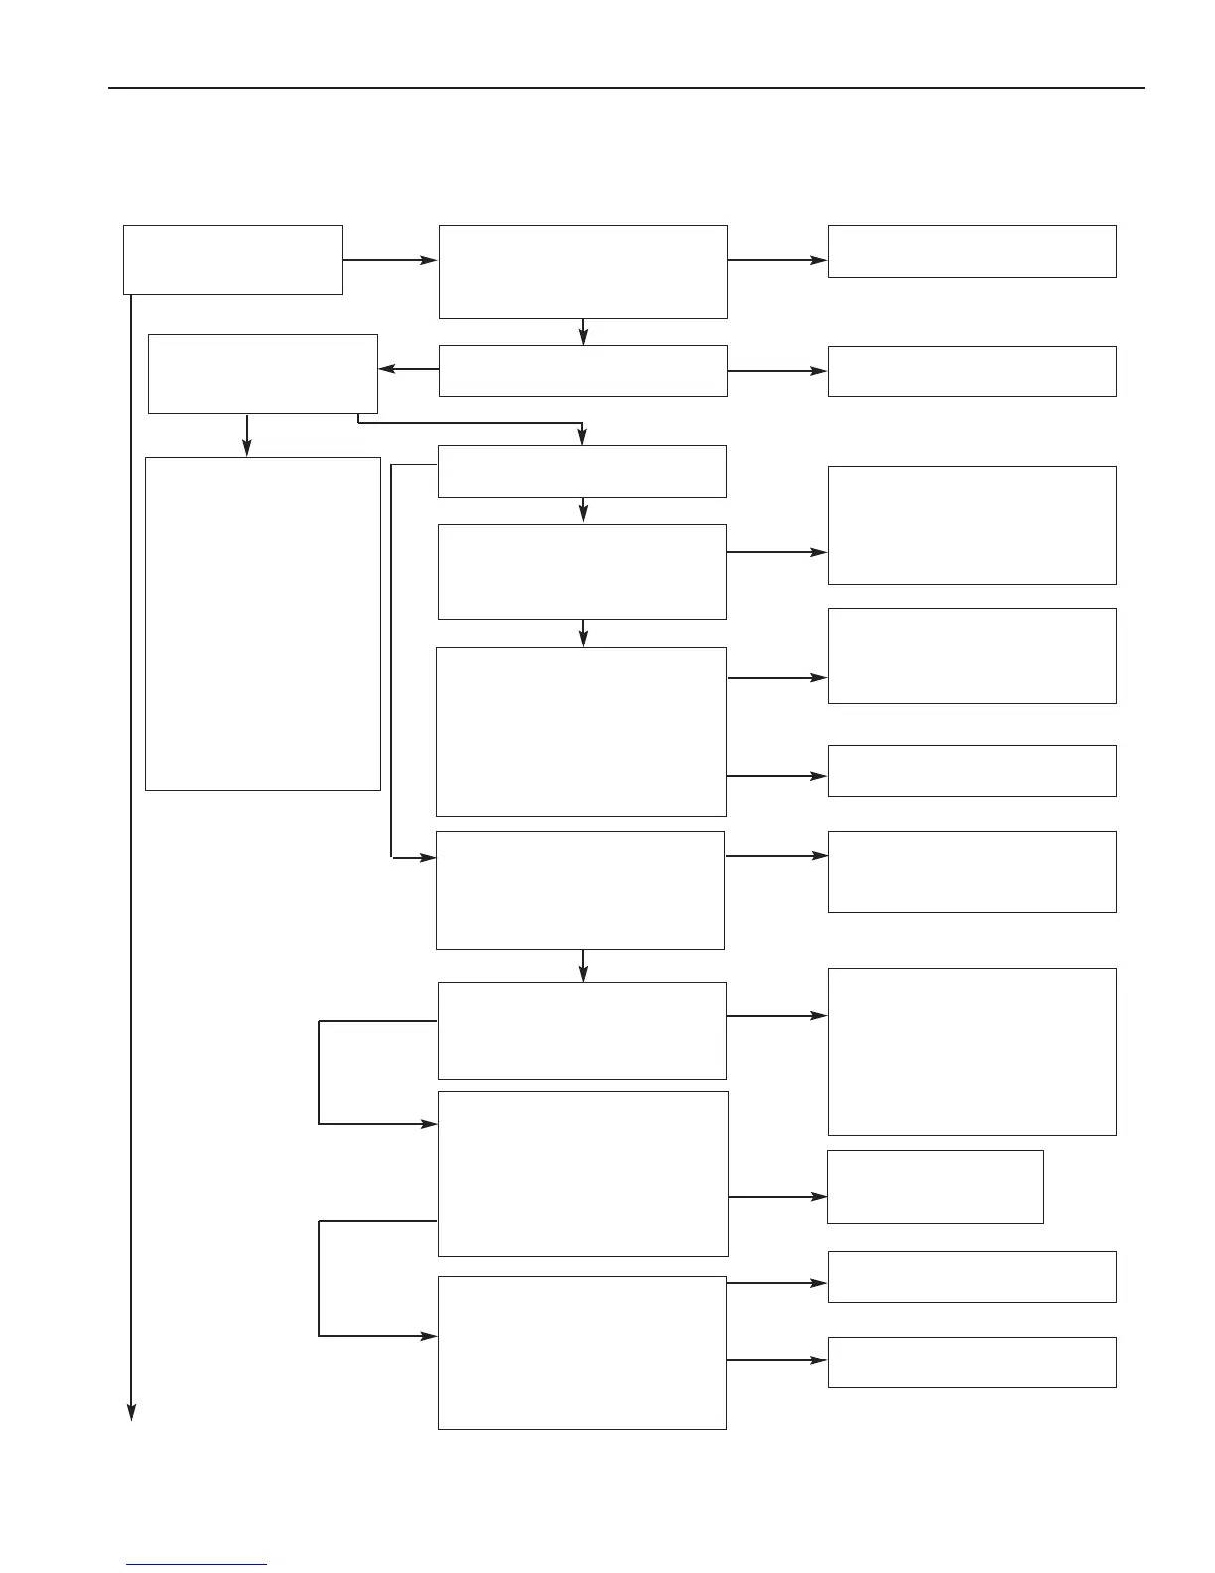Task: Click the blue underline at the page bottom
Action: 197,1564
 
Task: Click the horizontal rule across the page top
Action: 625,88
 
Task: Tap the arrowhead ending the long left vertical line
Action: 130,1412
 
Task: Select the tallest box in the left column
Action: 263,624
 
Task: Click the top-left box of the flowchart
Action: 233,259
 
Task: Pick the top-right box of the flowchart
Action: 972,251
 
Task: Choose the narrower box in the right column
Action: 935,1187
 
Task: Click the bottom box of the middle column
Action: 582,1353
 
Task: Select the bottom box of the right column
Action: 972,1361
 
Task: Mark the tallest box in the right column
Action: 972,1052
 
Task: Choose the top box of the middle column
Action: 583,271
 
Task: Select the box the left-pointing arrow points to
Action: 263,373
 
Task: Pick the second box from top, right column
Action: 972,371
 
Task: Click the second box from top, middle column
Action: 583,370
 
